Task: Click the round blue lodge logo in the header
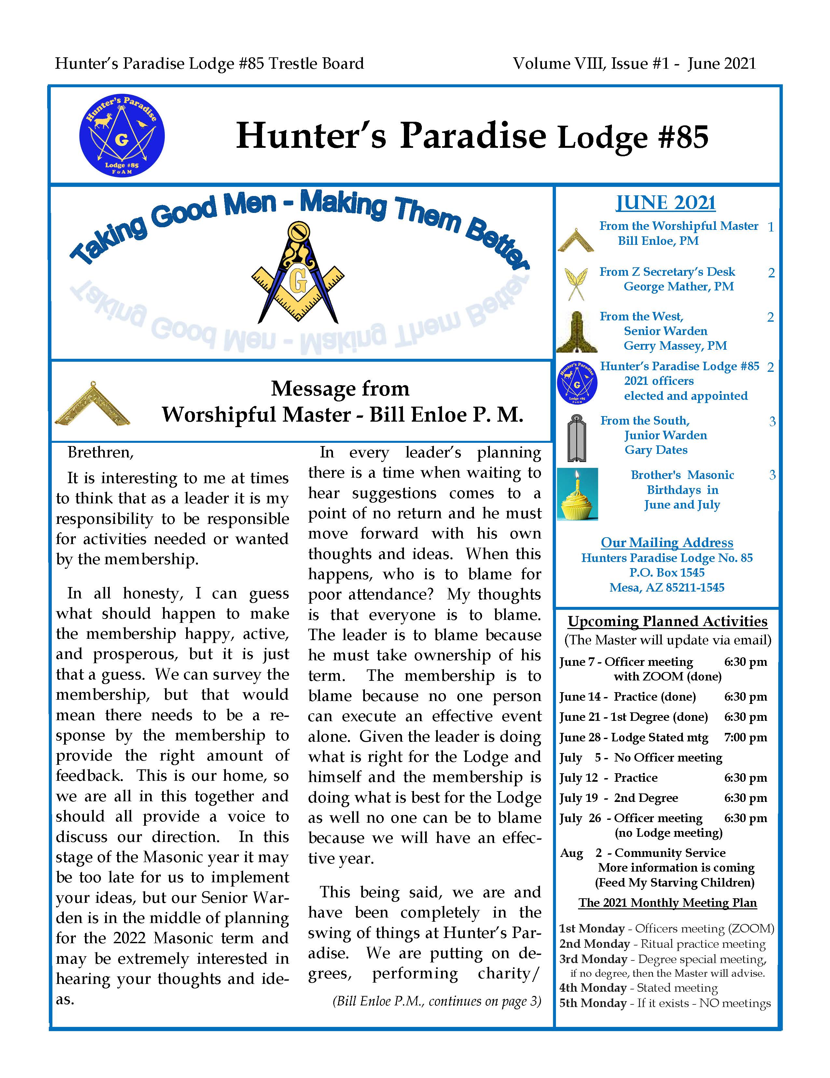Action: pyautogui.click(x=121, y=135)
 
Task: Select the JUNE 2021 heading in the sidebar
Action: pyautogui.click(x=665, y=203)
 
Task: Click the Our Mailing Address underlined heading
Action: pyautogui.click(x=667, y=542)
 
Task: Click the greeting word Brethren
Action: pyautogui.click(x=100, y=452)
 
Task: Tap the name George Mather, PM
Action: pyautogui.click(x=679, y=286)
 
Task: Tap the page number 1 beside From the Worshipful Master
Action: pyautogui.click(x=770, y=227)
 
